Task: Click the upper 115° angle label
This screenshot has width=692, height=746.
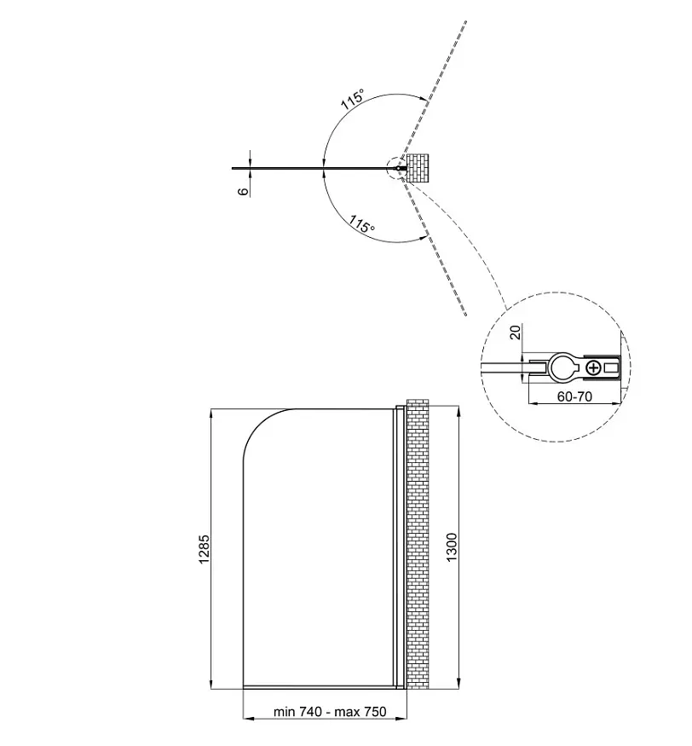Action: click(353, 100)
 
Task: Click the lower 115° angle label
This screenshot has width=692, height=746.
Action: click(362, 223)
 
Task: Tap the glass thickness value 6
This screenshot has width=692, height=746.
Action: click(243, 191)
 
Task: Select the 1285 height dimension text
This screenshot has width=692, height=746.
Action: click(204, 550)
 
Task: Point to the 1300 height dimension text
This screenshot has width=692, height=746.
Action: click(452, 547)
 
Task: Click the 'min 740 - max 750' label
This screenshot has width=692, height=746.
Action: click(330, 712)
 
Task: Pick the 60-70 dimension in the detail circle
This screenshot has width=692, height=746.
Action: click(574, 396)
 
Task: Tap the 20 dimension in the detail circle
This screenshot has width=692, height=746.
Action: click(515, 332)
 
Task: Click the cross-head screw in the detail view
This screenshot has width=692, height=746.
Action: click(593, 367)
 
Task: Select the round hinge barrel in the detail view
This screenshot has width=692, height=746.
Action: click(563, 367)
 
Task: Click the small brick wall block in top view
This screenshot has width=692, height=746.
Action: click(418, 168)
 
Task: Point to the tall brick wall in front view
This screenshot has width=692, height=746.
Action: click(418, 544)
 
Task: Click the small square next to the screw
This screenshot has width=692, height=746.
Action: click(610, 367)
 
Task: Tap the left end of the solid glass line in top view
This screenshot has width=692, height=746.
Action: click(233, 169)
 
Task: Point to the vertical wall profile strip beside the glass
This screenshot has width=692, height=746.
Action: click(400, 547)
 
